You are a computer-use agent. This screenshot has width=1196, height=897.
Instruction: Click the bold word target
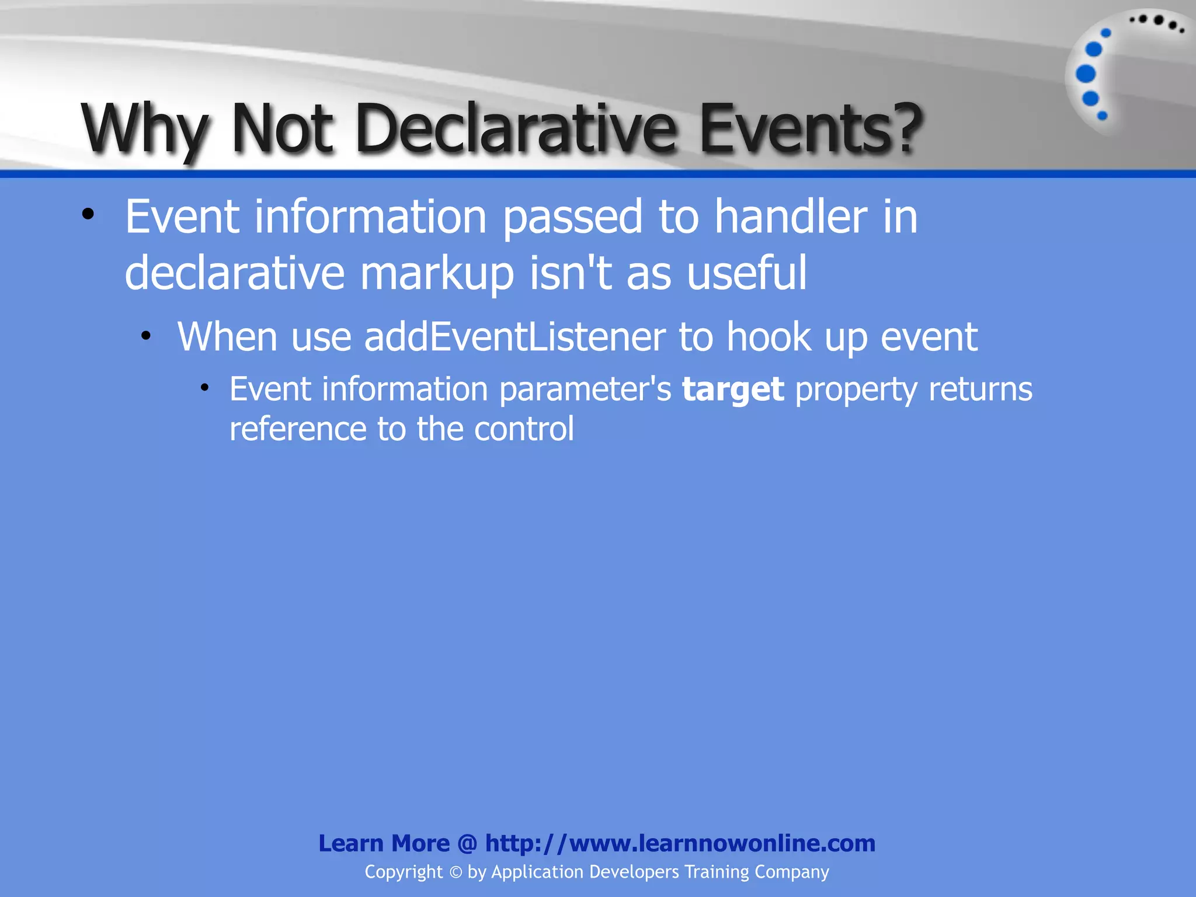(732, 390)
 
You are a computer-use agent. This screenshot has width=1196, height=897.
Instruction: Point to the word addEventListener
(514, 337)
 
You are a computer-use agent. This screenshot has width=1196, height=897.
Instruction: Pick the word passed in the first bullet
(572, 217)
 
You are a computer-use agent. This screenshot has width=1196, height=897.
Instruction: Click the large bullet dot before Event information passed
(88, 214)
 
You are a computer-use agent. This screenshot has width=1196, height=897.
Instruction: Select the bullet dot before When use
(146, 336)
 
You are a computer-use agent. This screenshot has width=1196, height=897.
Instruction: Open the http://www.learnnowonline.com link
(680, 843)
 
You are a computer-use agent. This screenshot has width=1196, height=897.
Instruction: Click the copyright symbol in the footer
(456, 872)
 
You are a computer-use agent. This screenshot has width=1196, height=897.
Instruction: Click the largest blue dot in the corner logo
(1086, 74)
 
